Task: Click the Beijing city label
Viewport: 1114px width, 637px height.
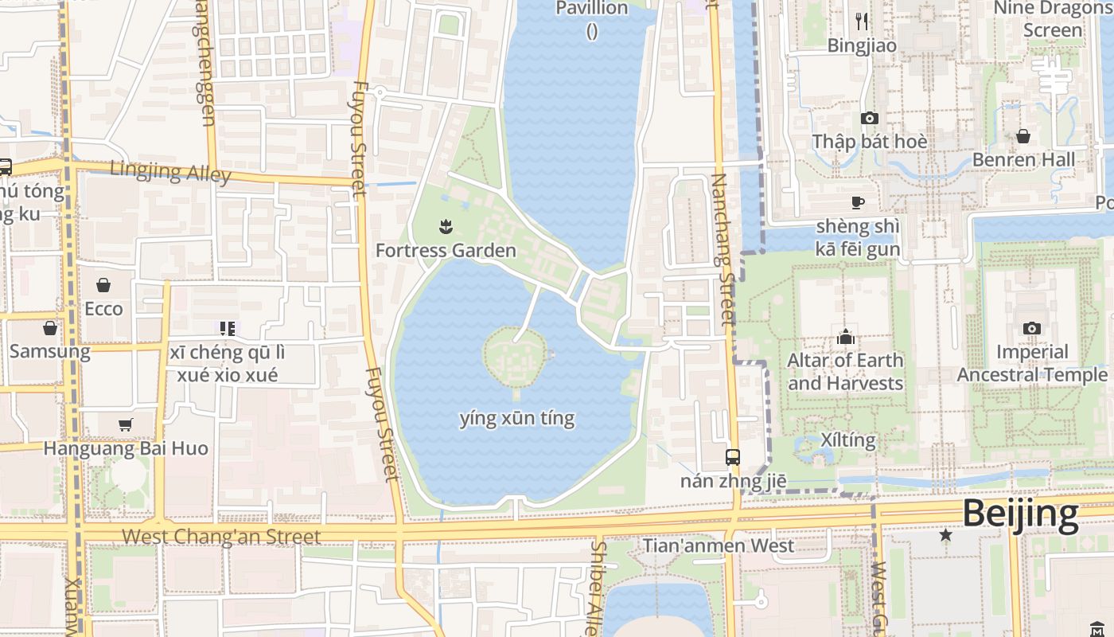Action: click(x=1020, y=514)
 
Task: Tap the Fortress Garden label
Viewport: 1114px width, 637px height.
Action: click(x=446, y=250)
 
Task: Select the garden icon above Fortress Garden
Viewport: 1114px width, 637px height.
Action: click(x=446, y=228)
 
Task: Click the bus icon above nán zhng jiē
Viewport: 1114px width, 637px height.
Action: click(x=732, y=457)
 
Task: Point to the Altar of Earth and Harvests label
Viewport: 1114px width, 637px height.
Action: click(x=845, y=372)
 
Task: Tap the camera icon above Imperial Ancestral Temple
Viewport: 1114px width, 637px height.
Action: click(x=1031, y=328)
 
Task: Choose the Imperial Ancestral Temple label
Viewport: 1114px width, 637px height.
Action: click(x=1032, y=363)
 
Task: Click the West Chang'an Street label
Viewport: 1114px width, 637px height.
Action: click(x=221, y=537)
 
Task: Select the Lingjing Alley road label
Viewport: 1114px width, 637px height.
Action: click(x=170, y=171)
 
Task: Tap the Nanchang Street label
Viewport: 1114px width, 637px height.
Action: click(x=722, y=249)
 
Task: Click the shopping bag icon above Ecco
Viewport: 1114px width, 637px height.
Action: click(x=103, y=285)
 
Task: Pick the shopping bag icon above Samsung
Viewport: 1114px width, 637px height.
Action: click(x=50, y=328)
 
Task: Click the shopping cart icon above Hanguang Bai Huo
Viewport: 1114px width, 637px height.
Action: click(x=125, y=424)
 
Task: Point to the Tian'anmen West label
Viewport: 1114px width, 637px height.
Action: click(x=718, y=545)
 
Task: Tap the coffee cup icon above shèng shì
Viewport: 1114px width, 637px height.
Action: click(x=858, y=202)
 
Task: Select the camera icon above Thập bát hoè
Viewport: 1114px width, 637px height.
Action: click(x=869, y=118)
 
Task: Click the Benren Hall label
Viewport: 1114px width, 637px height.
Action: click(x=1023, y=159)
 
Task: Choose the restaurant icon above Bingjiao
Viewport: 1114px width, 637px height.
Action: click(x=861, y=21)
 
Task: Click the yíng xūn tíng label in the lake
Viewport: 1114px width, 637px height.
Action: click(x=517, y=418)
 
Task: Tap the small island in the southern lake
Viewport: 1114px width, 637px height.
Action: click(x=515, y=358)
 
